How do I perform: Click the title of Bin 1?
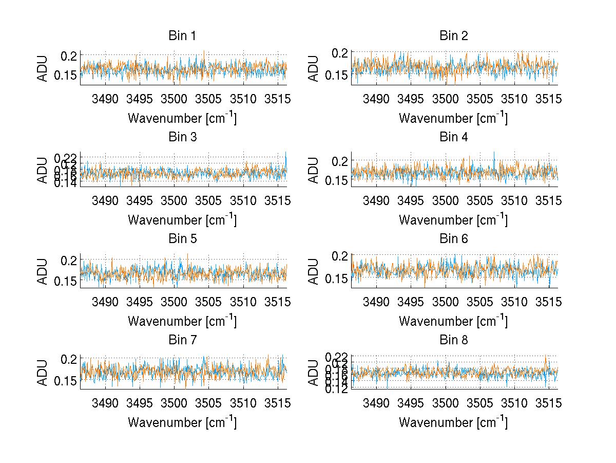[182, 36]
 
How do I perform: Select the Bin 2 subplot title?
[454, 36]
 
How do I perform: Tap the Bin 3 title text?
[182, 137]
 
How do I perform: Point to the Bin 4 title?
[454, 137]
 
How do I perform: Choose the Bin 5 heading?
[182, 238]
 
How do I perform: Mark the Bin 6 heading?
[454, 238]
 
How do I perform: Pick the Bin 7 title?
[182, 340]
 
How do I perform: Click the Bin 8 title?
[454, 340]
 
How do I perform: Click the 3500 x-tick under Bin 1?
[174, 99]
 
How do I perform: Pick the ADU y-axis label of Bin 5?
[43, 271]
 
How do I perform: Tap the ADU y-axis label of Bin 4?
[314, 170]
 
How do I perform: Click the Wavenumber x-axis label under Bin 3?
[182, 219]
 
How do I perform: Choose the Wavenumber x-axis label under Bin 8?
[454, 422]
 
